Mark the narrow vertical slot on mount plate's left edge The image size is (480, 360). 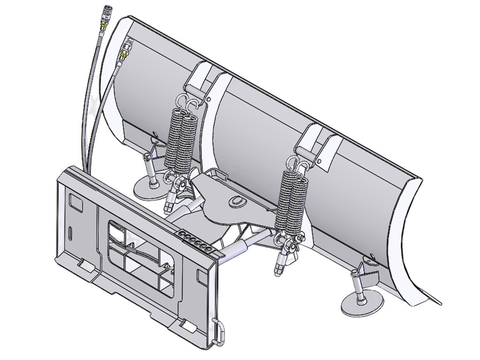pos(70,233)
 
